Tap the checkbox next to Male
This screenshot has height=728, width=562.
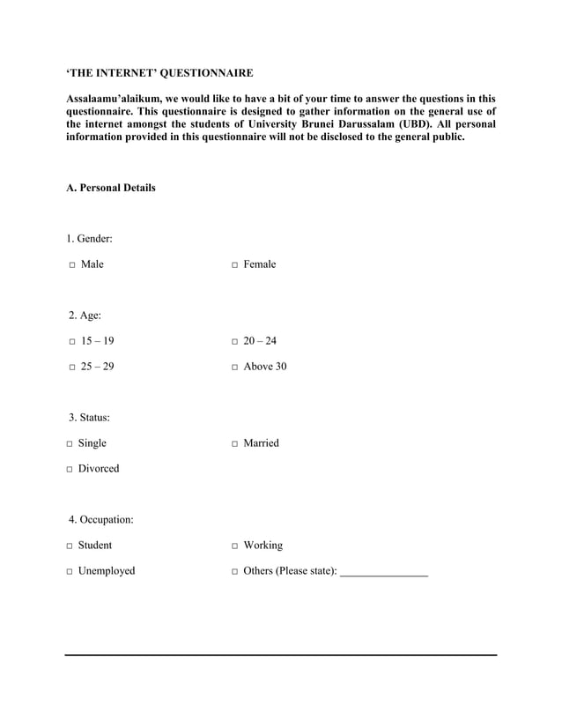tap(70, 265)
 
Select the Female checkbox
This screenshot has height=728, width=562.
tap(234, 265)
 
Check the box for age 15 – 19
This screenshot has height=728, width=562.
tap(70, 342)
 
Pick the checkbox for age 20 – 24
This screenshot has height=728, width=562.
tap(234, 342)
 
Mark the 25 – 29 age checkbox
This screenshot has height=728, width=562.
tap(70, 368)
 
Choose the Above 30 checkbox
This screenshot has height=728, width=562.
tap(234, 368)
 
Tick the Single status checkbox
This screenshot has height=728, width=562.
tap(70, 444)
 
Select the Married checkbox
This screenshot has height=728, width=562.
tap(234, 444)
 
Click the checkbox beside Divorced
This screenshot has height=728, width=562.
tap(70, 470)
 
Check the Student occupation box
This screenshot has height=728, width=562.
tap(70, 546)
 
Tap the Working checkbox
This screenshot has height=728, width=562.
tap(234, 546)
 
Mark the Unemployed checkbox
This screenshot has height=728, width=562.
tap(70, 572)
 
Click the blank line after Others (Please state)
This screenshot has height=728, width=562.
tap(383, 572)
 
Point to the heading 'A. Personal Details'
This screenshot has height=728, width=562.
tap(111, 188)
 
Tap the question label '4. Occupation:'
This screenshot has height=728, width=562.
tap(101, 519)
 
